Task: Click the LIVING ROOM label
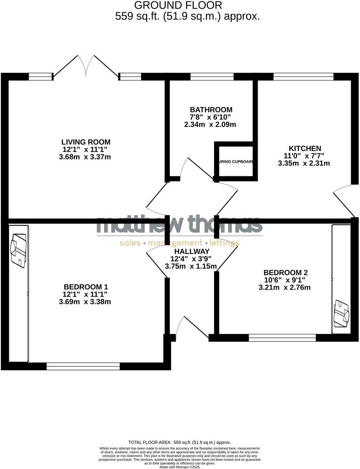[86, 142]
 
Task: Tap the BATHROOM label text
[211, 110]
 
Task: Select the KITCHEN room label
[305, 149]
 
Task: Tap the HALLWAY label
[191, 251]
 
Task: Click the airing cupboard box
[236, 161]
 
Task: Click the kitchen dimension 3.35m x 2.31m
[304, 164]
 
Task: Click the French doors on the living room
[86, 66]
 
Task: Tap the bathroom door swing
[194, 170]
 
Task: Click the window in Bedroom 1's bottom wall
[83, 366]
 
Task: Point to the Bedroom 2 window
[282, 338]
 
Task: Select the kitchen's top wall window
[303, 76]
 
